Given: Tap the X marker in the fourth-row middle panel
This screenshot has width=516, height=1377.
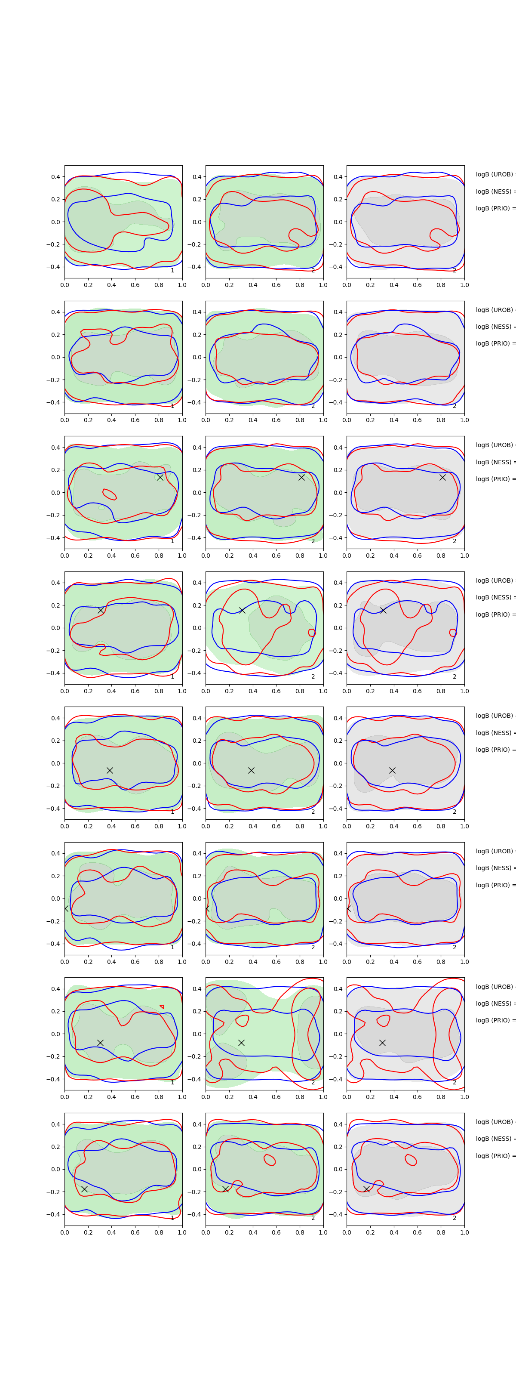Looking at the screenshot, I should pos(242,610).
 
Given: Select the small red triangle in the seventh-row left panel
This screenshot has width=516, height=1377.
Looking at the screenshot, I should pos(162,1007).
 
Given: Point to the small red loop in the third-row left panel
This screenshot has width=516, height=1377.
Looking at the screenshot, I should pos(110,494).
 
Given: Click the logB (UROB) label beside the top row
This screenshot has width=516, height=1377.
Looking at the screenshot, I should pos(494,174).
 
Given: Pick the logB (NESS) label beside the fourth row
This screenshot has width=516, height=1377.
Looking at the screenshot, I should pos(494,597).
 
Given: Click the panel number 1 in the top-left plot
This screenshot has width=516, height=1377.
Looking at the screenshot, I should pos(172,271).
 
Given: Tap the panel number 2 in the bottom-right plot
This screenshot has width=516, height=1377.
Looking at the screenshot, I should pos(455,1218).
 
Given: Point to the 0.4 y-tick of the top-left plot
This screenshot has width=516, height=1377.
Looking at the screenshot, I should pos(55,177).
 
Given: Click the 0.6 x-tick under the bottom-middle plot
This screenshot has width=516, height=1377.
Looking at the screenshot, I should pos(276,1232).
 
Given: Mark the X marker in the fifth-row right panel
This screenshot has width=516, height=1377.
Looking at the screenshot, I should pos(392,770).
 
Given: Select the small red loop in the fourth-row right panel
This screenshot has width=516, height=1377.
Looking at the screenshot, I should pos(453,633).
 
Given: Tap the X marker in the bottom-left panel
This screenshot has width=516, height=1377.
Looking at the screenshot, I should pos(84,1189).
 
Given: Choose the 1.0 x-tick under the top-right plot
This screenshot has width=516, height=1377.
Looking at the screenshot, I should pos(464,285).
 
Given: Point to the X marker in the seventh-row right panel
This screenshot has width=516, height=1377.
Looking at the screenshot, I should pos(382,1042).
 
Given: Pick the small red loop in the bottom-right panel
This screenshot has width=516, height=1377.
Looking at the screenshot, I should pos(411,1160).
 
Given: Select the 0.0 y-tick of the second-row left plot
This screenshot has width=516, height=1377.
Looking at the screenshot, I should pos(55,357).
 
